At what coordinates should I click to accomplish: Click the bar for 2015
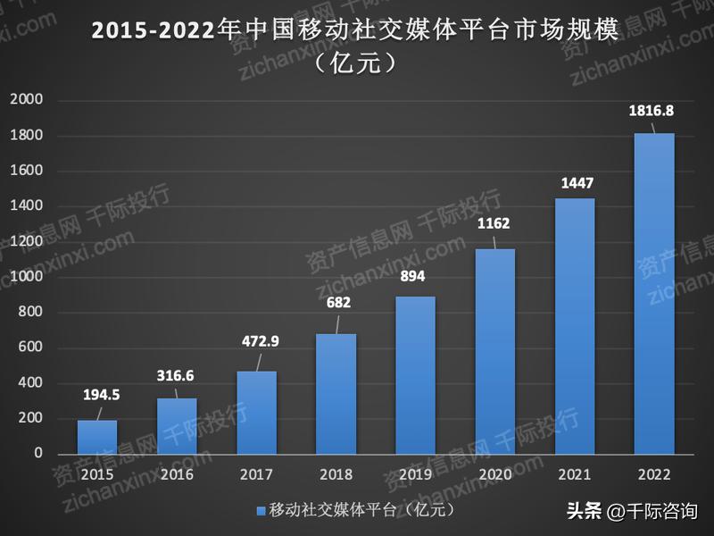[97, 437]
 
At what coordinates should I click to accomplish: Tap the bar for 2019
[415, 375]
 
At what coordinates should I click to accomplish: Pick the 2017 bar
[256, 412]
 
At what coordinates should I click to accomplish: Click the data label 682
[338, 303]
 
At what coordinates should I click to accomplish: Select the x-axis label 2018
[336, 473]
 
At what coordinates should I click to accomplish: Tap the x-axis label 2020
[495, 473]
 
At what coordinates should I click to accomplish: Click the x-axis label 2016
[177, 473]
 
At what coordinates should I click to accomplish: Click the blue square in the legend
[261, 511]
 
